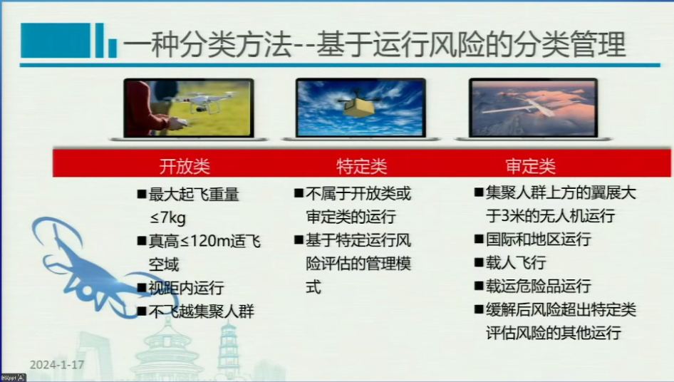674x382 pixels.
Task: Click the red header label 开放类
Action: (x=185, y=167)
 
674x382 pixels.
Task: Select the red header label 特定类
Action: (x=361, y=167)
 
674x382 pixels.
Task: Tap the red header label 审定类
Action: (x=530, y=165)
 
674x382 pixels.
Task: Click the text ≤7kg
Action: (x=167, y=217)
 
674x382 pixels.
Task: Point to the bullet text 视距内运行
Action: (x=186, y=288)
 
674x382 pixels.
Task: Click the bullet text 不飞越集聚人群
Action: (x=202, y=311)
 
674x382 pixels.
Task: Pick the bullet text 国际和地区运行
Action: (x=539, y=239)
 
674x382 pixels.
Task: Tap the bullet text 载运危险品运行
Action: (x=539, y=286)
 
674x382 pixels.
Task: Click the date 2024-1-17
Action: (x=57, y=365)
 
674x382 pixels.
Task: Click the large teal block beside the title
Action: (x=56, y=41)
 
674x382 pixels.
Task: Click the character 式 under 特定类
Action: (x=313, y=286)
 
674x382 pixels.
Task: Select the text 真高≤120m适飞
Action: (x=204, y=242)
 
